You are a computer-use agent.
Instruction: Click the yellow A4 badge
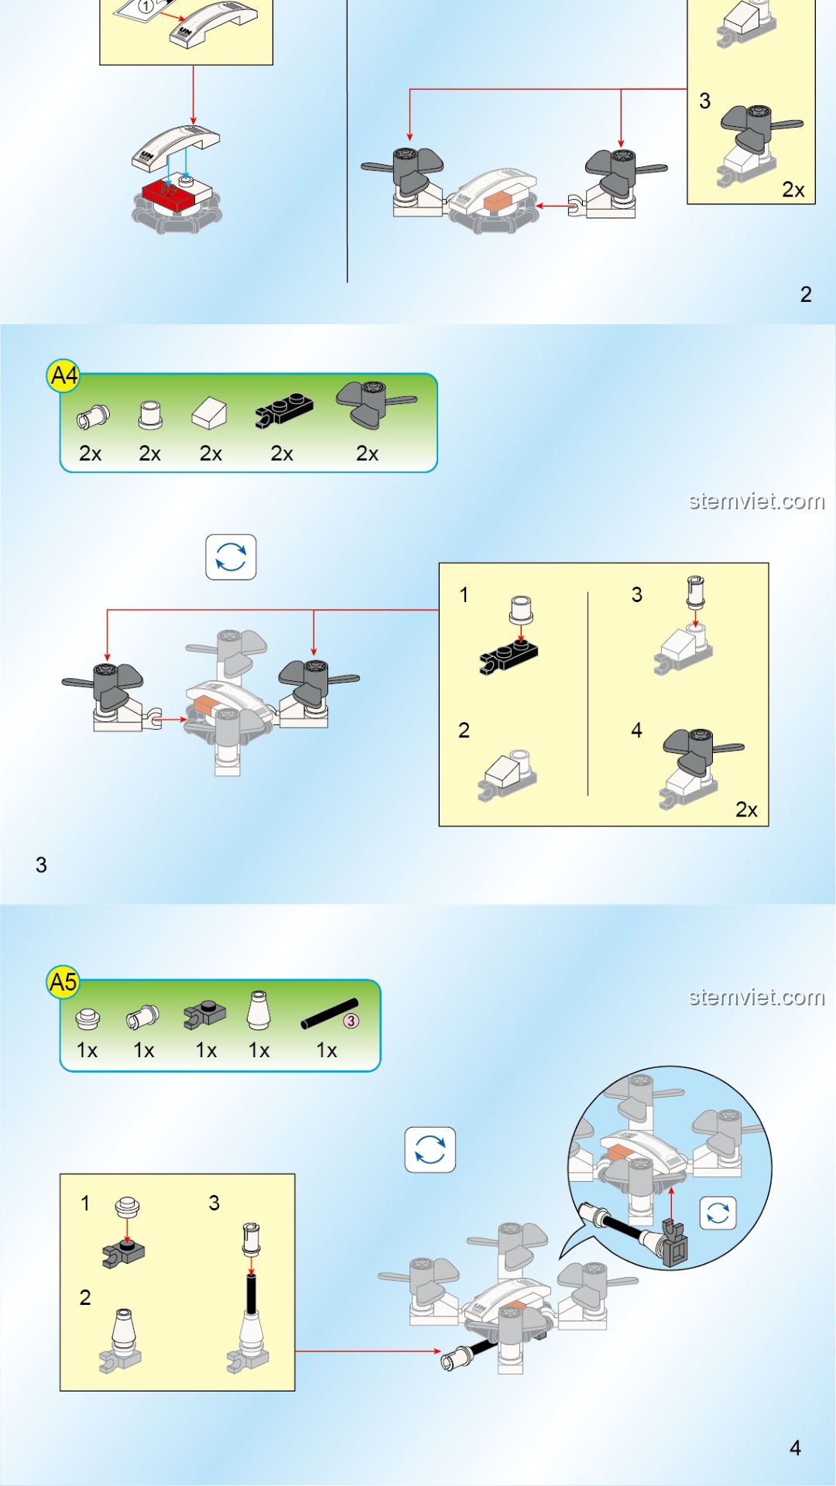coord(63,376)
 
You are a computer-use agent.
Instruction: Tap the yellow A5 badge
coord(63,983)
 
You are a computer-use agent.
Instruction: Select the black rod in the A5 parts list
coord(330,1014)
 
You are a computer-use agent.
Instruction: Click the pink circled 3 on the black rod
coord(351,1021)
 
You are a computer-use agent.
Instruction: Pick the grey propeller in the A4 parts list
coord(375,403)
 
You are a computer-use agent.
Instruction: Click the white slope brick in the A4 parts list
coord(209,413)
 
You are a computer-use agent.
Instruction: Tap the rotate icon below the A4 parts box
coord(231,557)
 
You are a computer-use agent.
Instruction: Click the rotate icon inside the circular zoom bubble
coord(718,1214)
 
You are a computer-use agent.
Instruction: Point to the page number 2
coord(806,294)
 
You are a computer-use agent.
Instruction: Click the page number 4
coord(795,1448)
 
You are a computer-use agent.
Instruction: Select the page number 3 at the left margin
coord(41,865)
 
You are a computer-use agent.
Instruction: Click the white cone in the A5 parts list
coord(259,1011)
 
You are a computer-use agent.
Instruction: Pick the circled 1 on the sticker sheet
coord(146,7)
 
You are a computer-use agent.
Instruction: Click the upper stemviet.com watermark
coord(756,502)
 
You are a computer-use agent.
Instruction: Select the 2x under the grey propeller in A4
coord(367,454)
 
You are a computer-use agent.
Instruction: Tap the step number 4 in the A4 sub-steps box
coord(636,731)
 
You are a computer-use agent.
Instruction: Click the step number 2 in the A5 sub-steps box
coord(85,1298)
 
